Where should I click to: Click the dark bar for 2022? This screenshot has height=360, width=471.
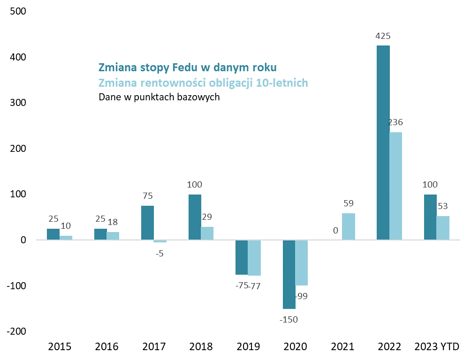point(383,142)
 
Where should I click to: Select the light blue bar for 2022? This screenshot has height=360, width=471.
point(396,186)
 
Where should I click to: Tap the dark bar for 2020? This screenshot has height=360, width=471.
point(289,274)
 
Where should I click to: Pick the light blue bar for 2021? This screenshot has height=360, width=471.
point(349,227)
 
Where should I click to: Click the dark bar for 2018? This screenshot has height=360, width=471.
point(195,217)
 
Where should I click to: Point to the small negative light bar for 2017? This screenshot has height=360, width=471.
point(160,241)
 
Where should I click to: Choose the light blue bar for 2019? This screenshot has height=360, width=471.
point(254,258)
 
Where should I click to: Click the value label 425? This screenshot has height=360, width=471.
point(383,36)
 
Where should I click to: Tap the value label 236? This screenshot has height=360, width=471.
point(395,122)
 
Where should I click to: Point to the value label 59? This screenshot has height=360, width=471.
point(348,203)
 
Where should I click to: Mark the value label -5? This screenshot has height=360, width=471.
point(160,254)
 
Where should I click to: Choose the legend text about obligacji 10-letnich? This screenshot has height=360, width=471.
point(203,83)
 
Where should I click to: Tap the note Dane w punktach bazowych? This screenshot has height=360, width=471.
point(159,97)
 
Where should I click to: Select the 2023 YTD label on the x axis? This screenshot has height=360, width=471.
point(437,347)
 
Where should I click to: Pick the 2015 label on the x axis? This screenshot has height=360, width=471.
point(60,347)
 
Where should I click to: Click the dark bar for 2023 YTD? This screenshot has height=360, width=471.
point(430,217)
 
